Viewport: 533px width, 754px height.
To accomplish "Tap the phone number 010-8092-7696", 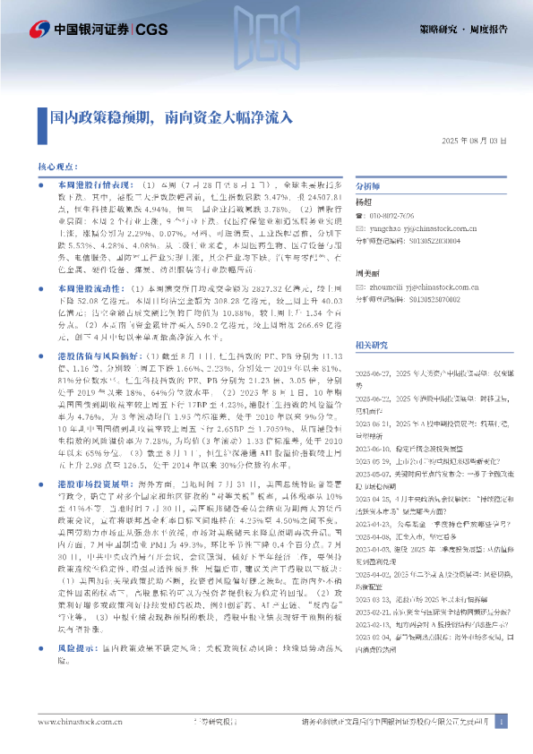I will click(x=400, y=217).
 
